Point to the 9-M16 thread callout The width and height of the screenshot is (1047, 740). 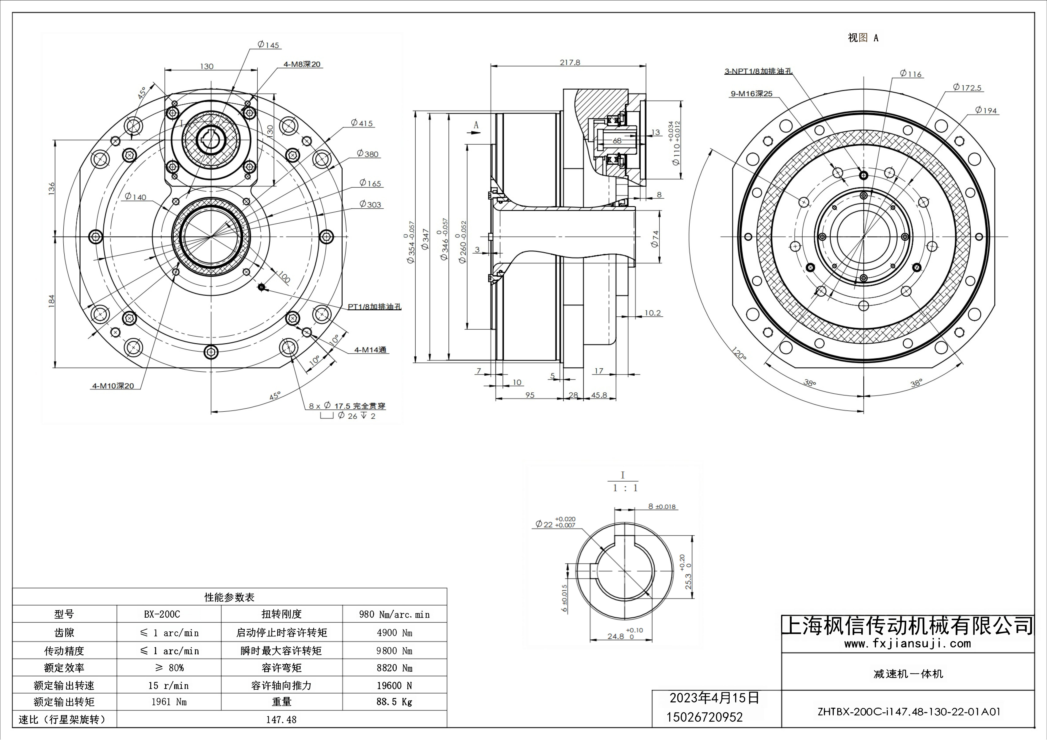752,94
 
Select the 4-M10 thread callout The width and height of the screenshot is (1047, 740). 113,386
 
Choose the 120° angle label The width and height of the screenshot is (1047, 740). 739,354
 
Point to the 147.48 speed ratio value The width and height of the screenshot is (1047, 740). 281,720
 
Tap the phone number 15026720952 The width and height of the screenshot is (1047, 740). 704,717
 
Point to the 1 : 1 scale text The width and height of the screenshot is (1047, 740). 625,488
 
